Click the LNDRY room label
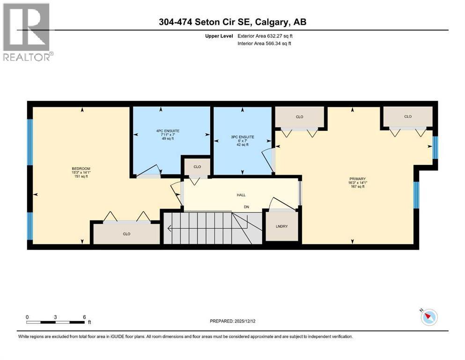pos(281,226)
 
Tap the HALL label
pos(241,195)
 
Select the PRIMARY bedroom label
pos(357,179)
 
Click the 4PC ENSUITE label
pos(168,131)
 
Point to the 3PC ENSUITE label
pos(243,137)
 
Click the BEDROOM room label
pos(81,169)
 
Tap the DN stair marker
pos(246,207)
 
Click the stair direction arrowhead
pos(170,229)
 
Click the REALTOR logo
pos(28,32)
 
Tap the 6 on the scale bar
pos(84,317)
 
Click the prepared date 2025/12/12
pos(245,321)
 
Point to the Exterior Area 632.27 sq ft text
pos(265,36)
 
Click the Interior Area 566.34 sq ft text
pos(264,43)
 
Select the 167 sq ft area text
pos(358,187)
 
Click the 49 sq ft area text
pos(168,139)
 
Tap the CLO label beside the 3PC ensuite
pos(197,167)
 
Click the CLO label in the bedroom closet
pos(126,234)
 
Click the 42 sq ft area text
pos(243,145)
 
